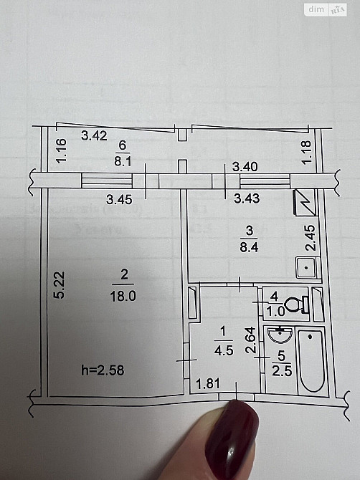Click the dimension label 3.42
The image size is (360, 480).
tap(94, 135)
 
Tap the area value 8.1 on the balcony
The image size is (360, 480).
tap(123, 162)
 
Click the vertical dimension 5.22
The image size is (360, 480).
tap(61, 284)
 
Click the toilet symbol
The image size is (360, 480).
tap(295, 304)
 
